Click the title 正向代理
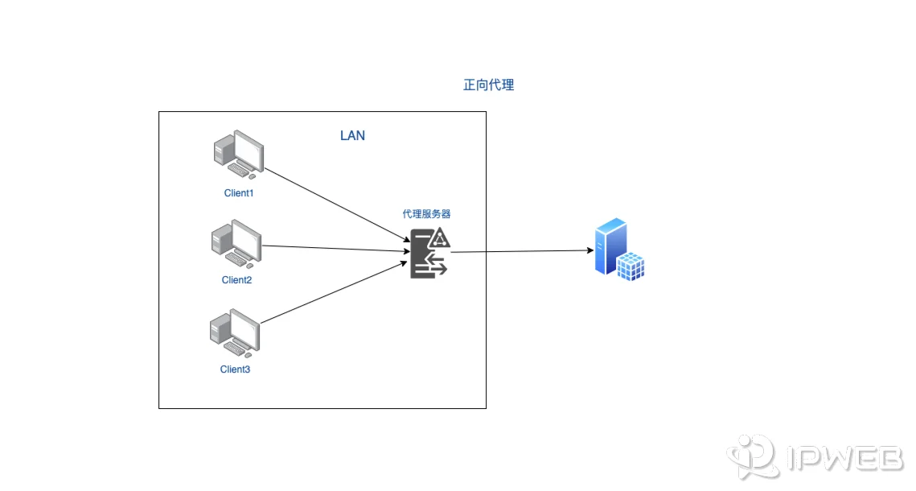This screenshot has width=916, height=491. point(488,85)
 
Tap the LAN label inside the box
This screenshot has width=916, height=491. point(352,135)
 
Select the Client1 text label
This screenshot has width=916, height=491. point(239,193)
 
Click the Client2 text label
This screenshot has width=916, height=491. point(236,280)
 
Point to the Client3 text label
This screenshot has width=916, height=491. point(235,369)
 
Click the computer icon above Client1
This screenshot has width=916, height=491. point(238,156)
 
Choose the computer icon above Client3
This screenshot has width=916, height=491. point(234,332)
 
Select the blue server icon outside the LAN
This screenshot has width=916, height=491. point(619,249)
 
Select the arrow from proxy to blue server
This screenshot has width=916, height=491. point(523,251)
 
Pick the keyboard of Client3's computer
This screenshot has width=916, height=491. point(236,348)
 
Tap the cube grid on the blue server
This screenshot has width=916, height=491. point(631,266)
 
